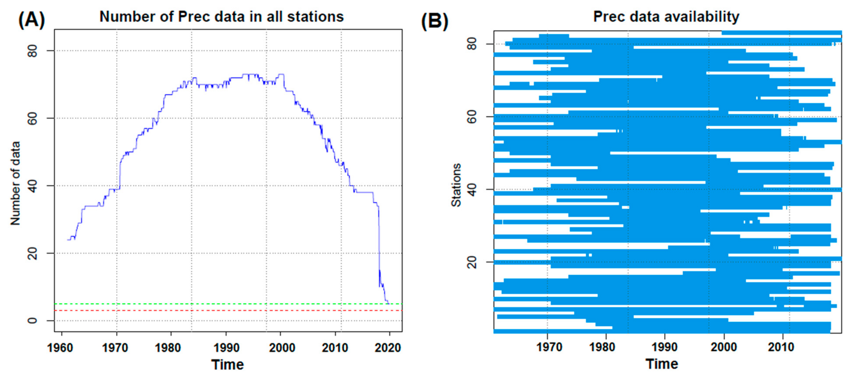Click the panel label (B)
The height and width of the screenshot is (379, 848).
point(434,21)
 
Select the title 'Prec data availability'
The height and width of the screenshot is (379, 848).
point(666,16)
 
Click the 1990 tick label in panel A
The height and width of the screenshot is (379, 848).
point(226,348)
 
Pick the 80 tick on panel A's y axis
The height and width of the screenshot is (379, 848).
point(33,51)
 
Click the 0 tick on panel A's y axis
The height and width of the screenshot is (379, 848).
point(33,320)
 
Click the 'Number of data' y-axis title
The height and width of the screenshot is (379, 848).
point(15,183)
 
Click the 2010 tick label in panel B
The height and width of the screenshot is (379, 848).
point(781,347)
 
